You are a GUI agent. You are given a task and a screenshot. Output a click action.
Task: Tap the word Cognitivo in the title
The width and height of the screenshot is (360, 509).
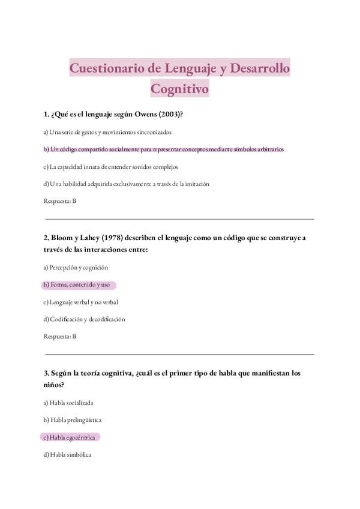pyautogui.click(x=179, y=89)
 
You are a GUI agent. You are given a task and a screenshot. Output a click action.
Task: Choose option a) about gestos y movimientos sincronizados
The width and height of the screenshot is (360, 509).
pyautogui.click(x=107, y=131)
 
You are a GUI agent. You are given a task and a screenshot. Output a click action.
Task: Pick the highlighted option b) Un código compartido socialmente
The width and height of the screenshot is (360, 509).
pyautogui.click(x=163, y=149)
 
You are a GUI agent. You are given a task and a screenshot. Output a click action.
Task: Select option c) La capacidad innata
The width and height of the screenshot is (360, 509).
pyautogui.click(x=110, y=166)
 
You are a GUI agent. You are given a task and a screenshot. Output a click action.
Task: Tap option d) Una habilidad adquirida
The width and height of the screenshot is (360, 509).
pyautogui.click(x=126, y=184)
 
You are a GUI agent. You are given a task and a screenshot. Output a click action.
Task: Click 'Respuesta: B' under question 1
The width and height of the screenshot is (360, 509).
pyautogui.click(x=60, y=201)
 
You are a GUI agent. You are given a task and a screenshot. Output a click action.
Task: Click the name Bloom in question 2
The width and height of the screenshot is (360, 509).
pyautogui.click(x=63, y=238)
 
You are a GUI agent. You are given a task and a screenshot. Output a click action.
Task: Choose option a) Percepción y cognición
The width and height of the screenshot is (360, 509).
pyautogui.click(x=76, y=267)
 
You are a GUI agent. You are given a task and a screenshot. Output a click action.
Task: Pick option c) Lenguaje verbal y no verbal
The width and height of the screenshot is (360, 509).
pyautogui.click(x=85, y=302)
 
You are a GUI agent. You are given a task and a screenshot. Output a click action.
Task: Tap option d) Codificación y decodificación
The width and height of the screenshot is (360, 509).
pyautogui.click(x=84, y=319)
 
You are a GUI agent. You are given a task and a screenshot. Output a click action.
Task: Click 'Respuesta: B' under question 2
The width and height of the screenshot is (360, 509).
pyautogui.click(x=60, y=337)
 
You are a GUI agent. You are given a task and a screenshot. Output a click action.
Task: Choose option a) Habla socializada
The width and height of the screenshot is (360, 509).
pyautogui.click(x=68, y=403)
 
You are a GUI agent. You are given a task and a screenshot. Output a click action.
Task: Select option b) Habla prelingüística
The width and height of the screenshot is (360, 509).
pyautogui.click(x=71, y=420)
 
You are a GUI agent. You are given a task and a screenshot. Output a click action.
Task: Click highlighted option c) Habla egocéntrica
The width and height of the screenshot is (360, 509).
pyautogui.click(x=69, y=438)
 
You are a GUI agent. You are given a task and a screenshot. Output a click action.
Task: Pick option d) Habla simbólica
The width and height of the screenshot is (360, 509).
pyautogui.click(x=67, y=455)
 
